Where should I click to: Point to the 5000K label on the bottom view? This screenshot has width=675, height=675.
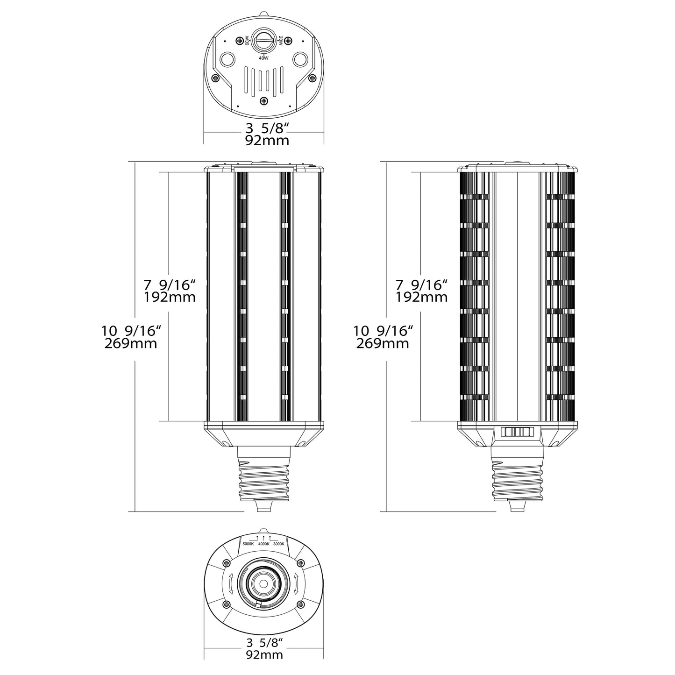coord(248,544)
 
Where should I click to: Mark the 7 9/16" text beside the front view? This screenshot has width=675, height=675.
coord(169,284)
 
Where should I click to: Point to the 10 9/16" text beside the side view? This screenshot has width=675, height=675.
coord(384,331)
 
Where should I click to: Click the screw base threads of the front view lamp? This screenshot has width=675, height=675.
coord(264,479)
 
